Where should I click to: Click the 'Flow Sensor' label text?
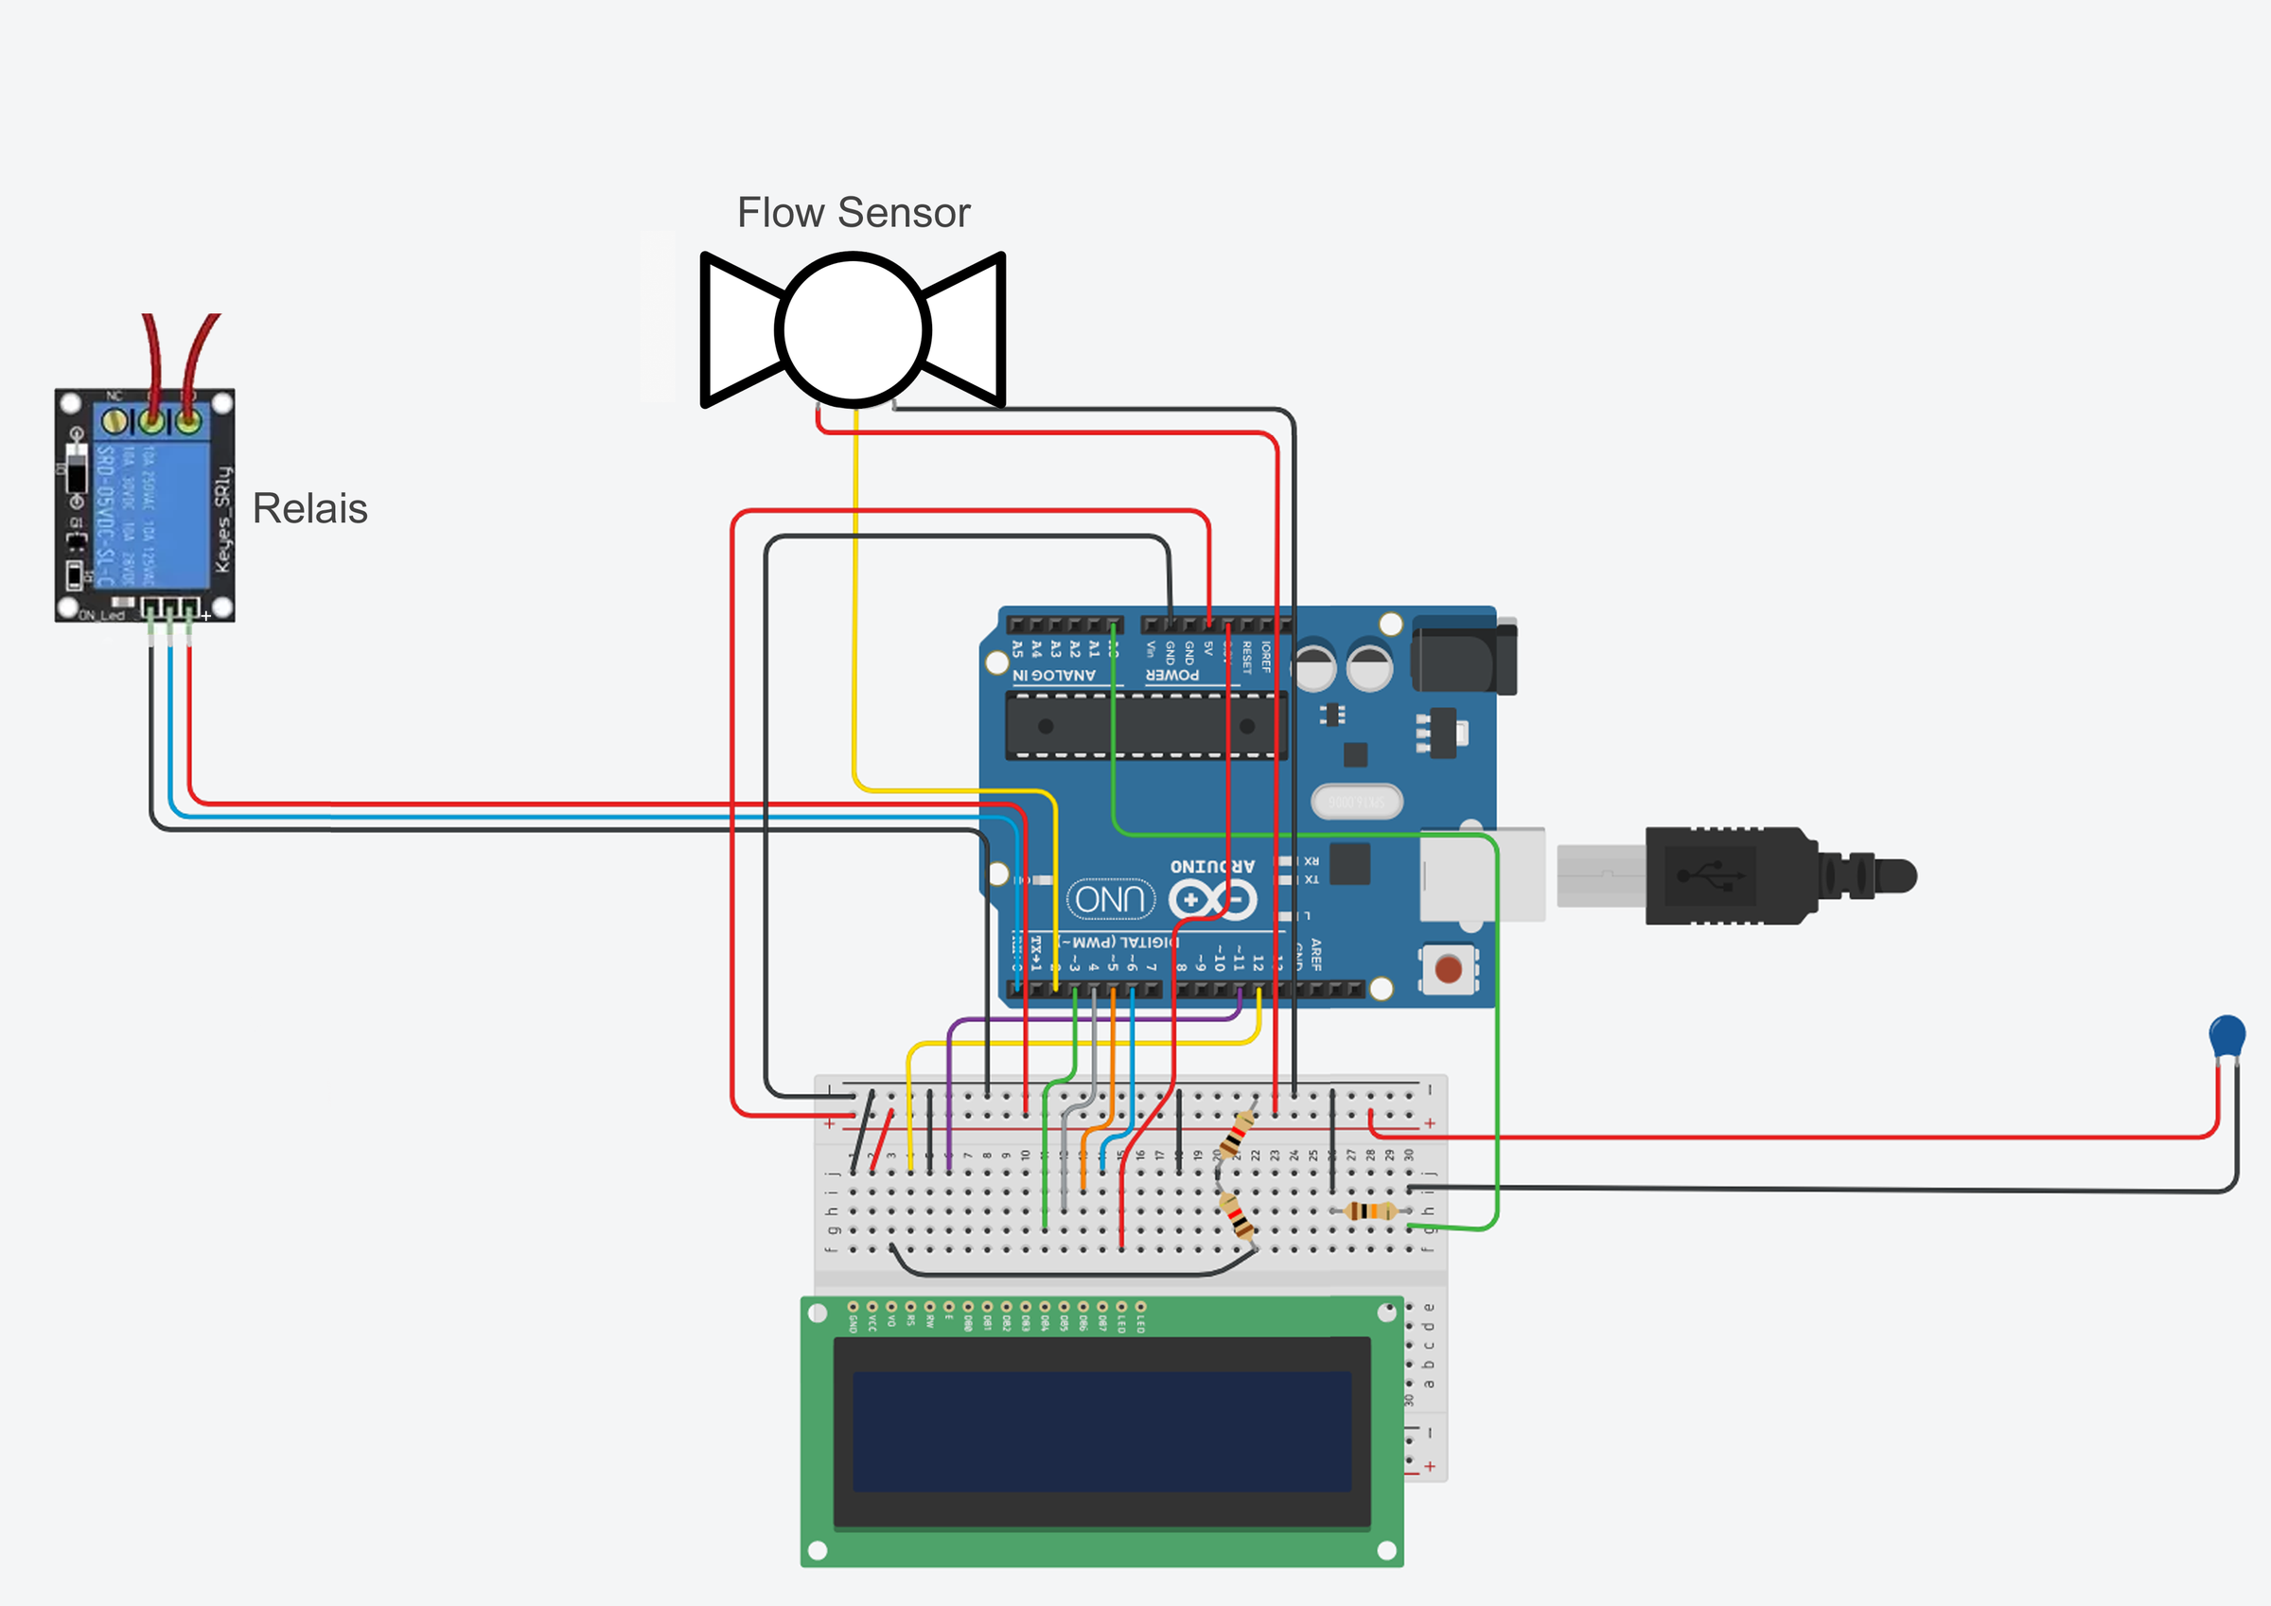click(x=854, y=213)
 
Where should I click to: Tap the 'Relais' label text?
click(x=309, y=508)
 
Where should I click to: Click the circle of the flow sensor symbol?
click(x=853, y=329)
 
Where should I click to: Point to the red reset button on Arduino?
click(x=1448, y=969)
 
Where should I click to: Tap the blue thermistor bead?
click(x=2227, y=1036)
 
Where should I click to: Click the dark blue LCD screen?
click(x=1101, y=1431)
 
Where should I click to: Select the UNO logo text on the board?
click(x=1111, y=898)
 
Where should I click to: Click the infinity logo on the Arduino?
click(x=1213, y=899)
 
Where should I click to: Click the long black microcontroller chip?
click(x=1145, y=725)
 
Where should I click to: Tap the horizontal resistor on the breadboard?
click(x=1370, y=1210)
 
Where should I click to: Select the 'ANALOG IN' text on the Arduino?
click(x=1054, y=675)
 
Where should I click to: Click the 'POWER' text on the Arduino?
click(x=1172, y=675)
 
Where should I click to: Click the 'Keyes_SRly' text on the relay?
click(x=222, y=519)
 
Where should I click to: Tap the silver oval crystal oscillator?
click(x=1356, y=802)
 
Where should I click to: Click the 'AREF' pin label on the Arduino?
click(x=1316, y=954)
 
